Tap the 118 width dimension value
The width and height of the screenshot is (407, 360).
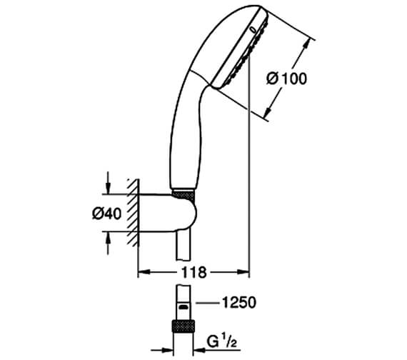coord(191,272)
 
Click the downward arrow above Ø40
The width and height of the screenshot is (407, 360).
coord(109,188)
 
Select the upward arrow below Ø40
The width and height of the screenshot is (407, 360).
coord(109,242)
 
